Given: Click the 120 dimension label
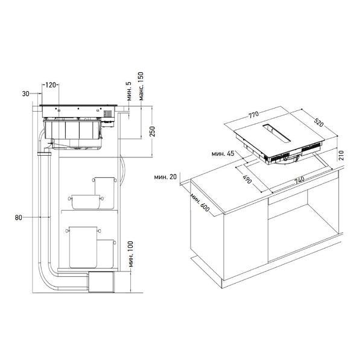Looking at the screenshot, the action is pyautogui.click(x=50, y=85).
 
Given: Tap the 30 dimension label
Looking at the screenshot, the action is pyautogui.click(x=25, y=94).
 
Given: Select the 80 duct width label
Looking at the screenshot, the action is pyautogui.click(x=19, y=217).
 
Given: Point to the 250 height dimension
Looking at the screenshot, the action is pyautogui.click(x=153, y=132).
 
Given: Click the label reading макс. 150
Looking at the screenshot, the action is pyautogui.click(x=141, y=86).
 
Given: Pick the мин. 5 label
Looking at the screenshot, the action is pyautogui.click(x=129, y=91).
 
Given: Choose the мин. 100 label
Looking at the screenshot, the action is pyautogui.click(x=131, y=254).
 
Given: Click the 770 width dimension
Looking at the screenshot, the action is pyautogui.click(x=253, y=115).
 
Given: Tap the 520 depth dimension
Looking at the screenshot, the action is pyautogui.click(x=319, y=122).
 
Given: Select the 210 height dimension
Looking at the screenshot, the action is pyautogui.click(x=341, y=156).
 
